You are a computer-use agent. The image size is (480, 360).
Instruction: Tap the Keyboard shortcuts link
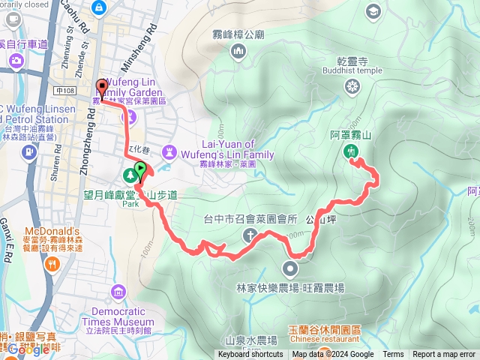(250, 355)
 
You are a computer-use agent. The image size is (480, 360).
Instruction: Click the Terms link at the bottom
(393, 355)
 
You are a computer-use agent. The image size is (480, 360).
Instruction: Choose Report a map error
(445, 355)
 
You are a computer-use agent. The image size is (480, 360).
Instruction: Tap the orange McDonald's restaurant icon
(52, 263)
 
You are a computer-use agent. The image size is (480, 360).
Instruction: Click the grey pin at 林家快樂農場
(290, 268)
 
